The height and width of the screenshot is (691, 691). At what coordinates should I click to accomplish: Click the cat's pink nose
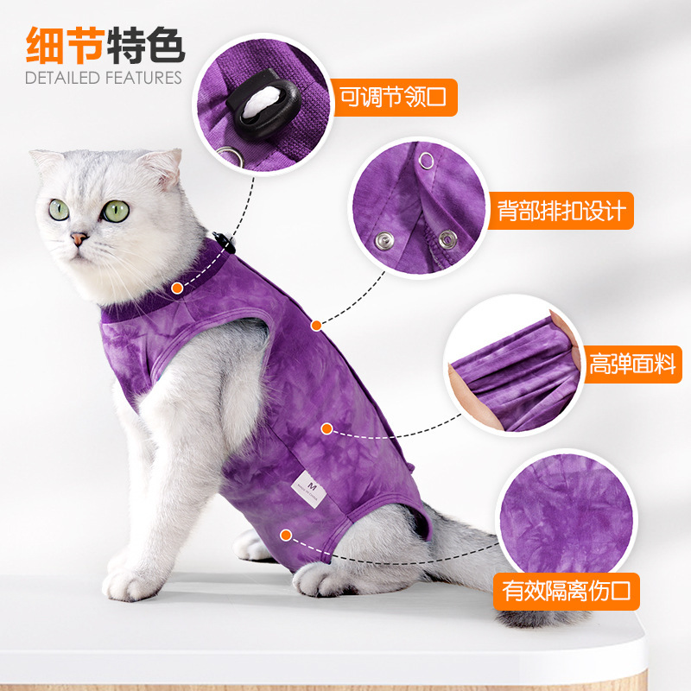(79, 238)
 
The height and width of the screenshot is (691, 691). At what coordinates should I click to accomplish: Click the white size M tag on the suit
(309, 489)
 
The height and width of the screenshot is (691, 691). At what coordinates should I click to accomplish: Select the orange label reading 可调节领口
(394, 98)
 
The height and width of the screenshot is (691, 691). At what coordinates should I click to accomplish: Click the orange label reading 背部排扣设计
(561, 211)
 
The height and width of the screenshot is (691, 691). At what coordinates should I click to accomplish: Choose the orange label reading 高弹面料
(633, 364)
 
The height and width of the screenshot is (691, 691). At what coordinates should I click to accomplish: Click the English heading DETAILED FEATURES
(104, 78)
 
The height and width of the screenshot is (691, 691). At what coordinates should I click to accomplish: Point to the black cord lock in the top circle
(264, 104)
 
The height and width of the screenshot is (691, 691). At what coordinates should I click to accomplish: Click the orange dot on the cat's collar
(178, 288)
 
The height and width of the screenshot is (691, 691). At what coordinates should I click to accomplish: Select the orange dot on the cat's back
(316, 326)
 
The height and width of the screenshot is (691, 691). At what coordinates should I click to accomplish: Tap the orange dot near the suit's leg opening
(286, 536)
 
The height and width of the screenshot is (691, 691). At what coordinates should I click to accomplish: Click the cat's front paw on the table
(128, 584)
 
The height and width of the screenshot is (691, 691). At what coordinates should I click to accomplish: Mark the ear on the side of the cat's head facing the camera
(162, 167)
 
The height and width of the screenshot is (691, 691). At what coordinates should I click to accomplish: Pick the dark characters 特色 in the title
(145, 46)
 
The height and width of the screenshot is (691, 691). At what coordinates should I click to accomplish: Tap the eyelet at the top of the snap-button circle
(426, 161)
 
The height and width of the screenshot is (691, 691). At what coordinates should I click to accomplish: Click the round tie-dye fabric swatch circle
(567, 515)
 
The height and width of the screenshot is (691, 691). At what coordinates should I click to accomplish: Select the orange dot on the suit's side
(326, 428)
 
